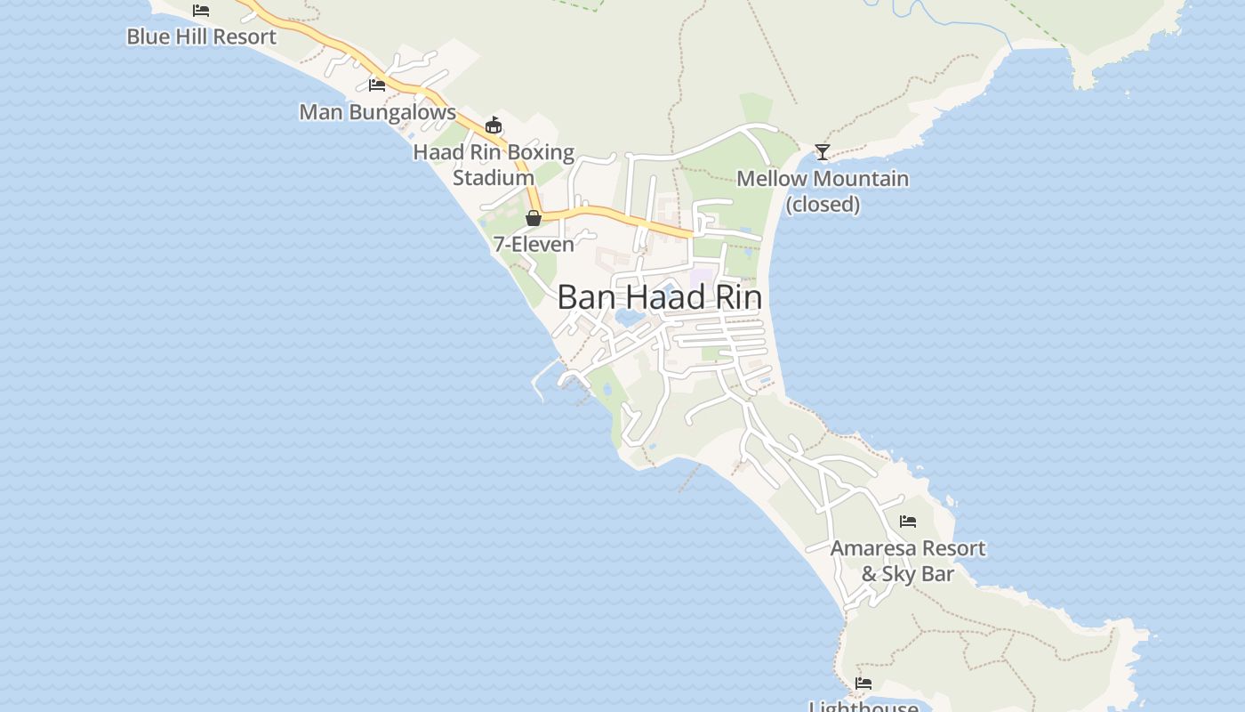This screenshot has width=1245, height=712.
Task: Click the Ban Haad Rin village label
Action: (659, 297)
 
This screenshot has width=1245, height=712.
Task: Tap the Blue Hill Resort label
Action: (202, 36)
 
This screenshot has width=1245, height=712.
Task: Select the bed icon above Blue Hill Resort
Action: (201, 11)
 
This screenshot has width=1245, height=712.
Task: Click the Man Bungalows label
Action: (377, 112)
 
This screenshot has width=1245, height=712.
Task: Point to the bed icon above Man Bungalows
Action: (377, 85)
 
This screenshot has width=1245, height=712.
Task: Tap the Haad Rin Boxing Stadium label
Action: (494, 165)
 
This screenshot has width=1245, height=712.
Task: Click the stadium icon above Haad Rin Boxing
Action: (494, 125)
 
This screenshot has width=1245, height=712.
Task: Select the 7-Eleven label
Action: (534, 243)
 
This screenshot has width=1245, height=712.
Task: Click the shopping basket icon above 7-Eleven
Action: (534, 218)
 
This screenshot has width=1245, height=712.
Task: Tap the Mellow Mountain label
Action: (823, 179)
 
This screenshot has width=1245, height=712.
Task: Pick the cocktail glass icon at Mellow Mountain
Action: (823, 152)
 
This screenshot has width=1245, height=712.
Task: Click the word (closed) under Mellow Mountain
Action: (823, 205)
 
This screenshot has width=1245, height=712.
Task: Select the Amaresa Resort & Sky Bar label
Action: (907, 561)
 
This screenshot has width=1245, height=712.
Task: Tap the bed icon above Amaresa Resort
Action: (908, 522)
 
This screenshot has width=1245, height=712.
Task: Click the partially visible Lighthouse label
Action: (863, 706)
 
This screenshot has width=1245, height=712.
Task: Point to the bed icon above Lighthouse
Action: (863, 684)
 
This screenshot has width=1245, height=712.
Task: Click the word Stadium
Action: (494, 178)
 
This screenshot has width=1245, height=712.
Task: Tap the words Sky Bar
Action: (918, 574)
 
